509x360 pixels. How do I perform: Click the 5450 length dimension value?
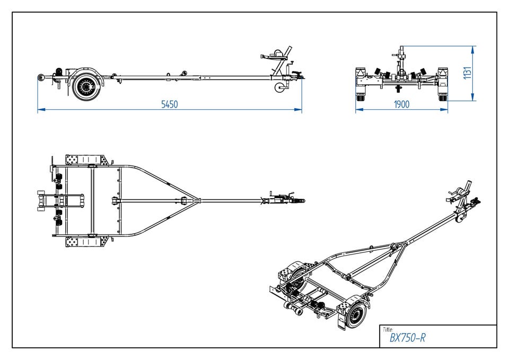tap(170, 104)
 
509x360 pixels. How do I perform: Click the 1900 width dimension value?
tap(401, 104)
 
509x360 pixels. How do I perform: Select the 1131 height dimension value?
tap(467, 73)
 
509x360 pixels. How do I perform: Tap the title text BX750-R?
tap(407, 338)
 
